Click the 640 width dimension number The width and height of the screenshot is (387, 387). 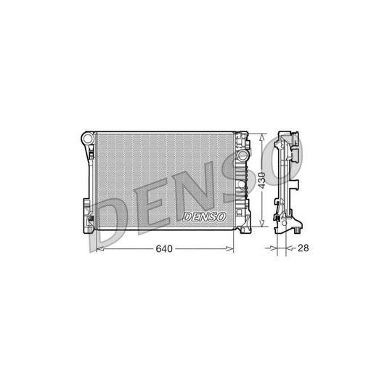pos(164,248)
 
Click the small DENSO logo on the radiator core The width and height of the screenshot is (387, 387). pos(203,216)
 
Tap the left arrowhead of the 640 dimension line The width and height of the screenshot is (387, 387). pos(99,248)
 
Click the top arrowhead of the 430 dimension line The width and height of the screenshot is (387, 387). pos(262,135)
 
